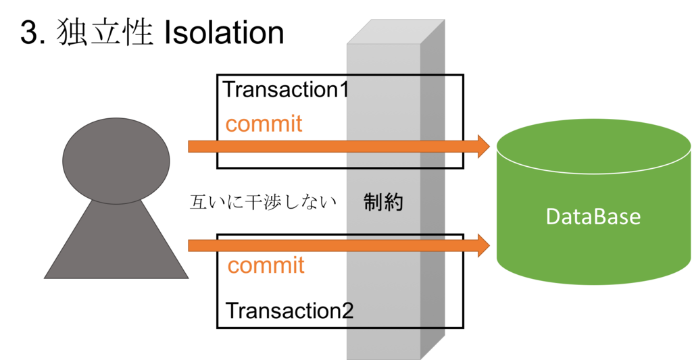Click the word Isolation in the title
point(224,32)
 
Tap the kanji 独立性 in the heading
point(105,32)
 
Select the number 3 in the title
point(30,33)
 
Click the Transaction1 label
point(286,90)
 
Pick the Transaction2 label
point(289,311)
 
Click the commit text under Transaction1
point(264,124)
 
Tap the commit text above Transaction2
point(266,265)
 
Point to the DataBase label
point(593,217)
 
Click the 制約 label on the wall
point(383,203)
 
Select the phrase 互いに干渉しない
point(263,203)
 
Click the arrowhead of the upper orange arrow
point(484,147)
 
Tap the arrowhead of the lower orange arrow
point(484,245)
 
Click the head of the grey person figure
point(116,161)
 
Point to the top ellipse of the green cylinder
point(593,146)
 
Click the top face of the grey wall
point(395,31)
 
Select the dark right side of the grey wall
point(432,190)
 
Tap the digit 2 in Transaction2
point(348,311)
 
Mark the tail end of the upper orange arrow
point(189,147)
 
